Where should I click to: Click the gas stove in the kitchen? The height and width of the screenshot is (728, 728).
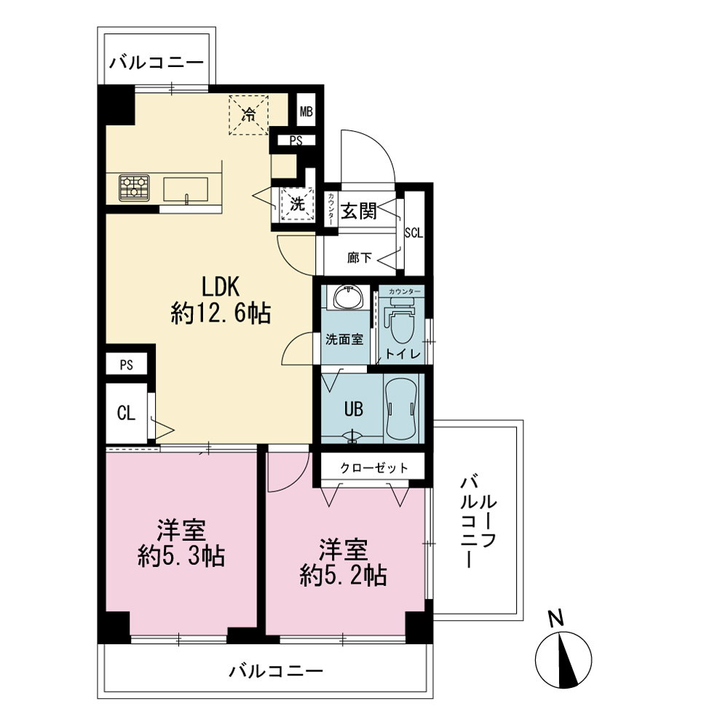tap(134, 188)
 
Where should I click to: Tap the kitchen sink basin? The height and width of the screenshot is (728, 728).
tap(185, 189)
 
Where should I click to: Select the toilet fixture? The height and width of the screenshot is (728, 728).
tap(402, 320)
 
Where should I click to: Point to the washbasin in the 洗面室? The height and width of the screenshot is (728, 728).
tap(347, 297)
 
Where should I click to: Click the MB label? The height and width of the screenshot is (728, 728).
tap(306, 111)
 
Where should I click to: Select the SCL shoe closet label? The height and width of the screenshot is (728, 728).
tap(414, 233)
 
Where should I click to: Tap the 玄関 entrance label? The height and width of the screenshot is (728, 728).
tap(358, 211)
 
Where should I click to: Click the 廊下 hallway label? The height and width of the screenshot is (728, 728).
tap(360, 258)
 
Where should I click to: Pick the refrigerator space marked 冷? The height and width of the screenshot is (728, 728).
tap(249, 115)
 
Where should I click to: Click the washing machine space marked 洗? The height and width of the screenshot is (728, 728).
tap(298, 204)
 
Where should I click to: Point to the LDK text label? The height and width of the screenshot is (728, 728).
tap(220, 287)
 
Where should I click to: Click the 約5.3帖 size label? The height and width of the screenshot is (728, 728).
tap(181, 555)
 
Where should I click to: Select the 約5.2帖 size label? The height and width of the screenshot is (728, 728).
tap(344, 576)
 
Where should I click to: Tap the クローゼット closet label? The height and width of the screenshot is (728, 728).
tap(373, 467)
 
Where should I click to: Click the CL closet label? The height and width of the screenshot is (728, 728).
tap(126, 414)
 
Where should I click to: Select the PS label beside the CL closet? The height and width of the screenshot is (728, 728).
tap(126, 365)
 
